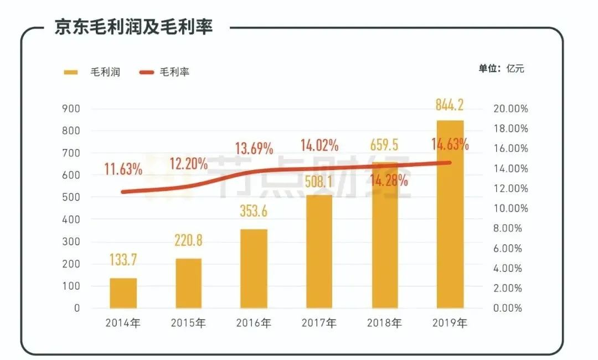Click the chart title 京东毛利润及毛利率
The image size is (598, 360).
click(133, 27)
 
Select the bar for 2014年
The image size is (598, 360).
click(123, 293)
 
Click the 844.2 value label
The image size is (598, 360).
click(450, 104)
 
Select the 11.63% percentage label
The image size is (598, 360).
click(123, 169)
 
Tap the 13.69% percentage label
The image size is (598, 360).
click(254, 148)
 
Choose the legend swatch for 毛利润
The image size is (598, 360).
click(71, 72)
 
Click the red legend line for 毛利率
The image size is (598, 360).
click(146, 72)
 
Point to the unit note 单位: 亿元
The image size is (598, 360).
click(501, 69)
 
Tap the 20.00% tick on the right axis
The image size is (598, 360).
click(511, 109)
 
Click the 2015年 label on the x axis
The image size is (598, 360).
click(188, 323)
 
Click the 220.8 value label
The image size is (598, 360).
click(188, 240)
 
